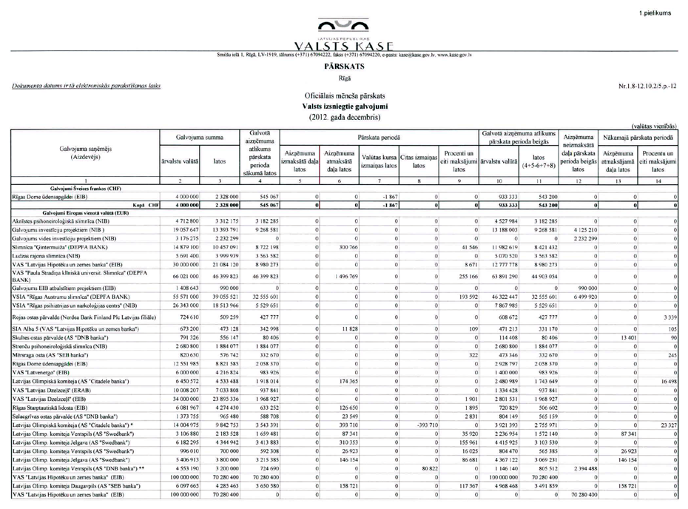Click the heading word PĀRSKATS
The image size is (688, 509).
[343, 65]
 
